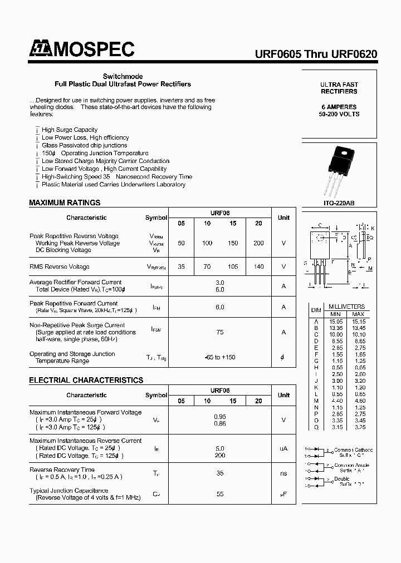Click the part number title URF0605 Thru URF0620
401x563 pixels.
(316, 55)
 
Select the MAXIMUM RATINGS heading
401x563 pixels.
(65, 203)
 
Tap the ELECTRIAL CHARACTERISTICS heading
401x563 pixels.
(86, 380)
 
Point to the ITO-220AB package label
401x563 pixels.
(339, 203)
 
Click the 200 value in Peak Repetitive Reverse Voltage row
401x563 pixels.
(258, 243)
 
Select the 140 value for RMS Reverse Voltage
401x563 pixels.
(258, 266)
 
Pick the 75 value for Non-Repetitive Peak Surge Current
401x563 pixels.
(220, 332)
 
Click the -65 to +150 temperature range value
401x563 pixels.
(220, 357)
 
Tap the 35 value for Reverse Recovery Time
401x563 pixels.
(220, 473)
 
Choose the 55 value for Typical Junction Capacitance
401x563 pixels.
(220, 494)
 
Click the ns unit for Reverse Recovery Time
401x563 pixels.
(283, 473)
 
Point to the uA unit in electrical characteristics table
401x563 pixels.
(283, 448)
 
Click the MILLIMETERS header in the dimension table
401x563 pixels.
(346, 307)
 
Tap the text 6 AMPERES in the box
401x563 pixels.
(339, 106)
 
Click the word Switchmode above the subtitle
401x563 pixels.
(123, 76)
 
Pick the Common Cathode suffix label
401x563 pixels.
(353, 452)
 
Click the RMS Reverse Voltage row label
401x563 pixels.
(60, 266)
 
